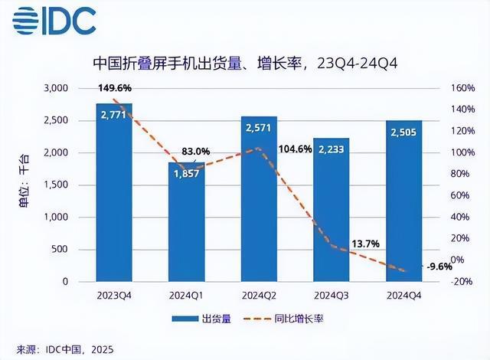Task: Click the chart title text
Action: (244, 63)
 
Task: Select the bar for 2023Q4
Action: (114, 199)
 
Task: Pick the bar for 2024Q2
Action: (259, 203)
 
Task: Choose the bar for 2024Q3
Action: (331, 214)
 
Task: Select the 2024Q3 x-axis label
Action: (331, 295)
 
